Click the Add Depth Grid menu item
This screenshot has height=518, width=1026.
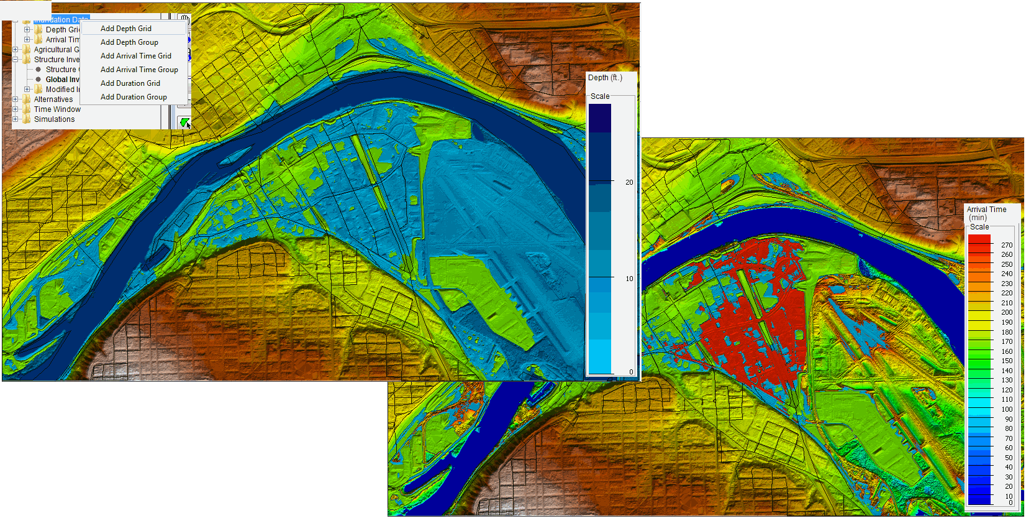click(126, 29)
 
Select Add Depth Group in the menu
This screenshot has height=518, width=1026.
click(129, 42)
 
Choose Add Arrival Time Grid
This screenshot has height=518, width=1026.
click(136, 56)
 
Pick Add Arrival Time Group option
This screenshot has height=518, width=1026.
click(139, 70)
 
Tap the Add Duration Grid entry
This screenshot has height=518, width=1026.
click(130, 83)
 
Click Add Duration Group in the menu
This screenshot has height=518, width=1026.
click(134, 97)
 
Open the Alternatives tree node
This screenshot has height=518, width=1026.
click(53, 99)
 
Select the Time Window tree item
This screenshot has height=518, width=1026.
click(57, 109)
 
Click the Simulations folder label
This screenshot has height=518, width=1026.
click(54, 119)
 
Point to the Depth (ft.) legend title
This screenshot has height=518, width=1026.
click(605, 78)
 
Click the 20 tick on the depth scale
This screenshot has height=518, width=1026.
click(629, 182)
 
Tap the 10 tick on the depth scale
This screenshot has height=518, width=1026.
click(629, 279)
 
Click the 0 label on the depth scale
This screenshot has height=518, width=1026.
click(631, 372)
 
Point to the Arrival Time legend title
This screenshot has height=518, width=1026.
click(986, 210)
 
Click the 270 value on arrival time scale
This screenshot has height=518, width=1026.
click(1007, 245)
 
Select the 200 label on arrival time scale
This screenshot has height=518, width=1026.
click(1007, 312)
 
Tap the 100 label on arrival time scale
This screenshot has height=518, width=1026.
click(1007, 409)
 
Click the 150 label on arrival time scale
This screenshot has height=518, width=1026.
click(1007, 361)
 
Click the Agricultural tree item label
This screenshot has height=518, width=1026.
click(57, 50)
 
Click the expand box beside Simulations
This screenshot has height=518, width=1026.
click(16, 119)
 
